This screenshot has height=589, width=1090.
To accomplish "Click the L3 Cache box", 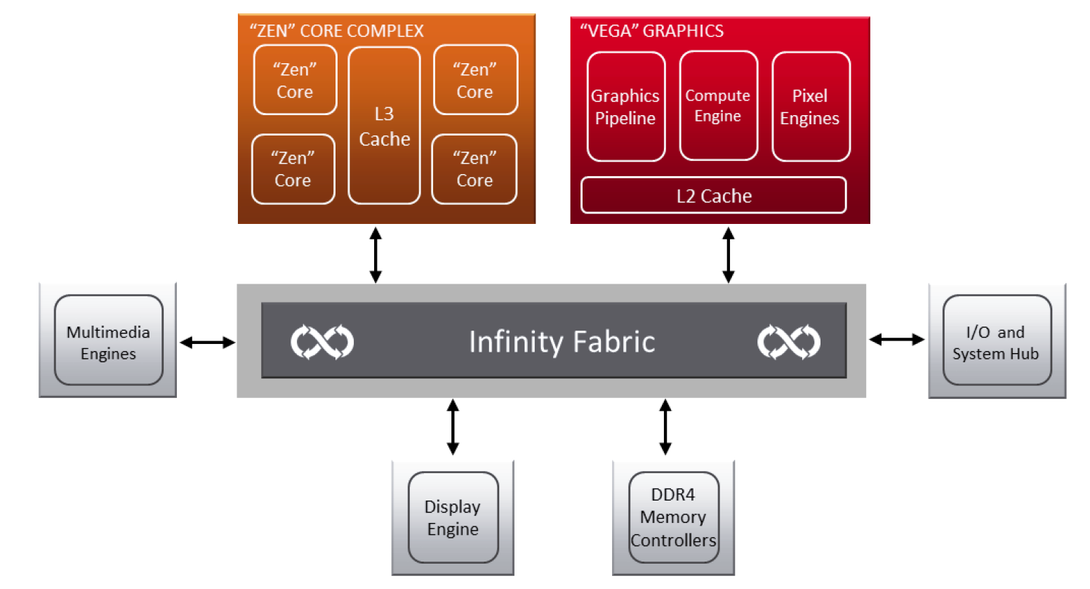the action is [385, 126].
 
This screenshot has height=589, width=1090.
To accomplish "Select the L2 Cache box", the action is [714, 195].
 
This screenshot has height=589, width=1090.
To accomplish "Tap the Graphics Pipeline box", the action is [626, 107].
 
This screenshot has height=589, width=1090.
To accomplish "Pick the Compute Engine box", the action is [718, 105].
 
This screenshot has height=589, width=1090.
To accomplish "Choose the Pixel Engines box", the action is [811, 107].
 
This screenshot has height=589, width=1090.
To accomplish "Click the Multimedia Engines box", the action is [109, 340].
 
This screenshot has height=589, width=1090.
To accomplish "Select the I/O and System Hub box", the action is [997, 340].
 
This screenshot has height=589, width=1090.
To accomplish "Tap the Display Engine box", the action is [453, 517].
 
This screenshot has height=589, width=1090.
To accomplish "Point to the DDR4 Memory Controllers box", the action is [674, 517].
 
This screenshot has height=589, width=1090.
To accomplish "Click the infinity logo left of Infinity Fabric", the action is [322, 341].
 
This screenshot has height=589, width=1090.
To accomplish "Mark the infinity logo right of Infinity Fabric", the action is [789, 341].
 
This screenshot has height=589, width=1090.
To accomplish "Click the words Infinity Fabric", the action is [562, 341].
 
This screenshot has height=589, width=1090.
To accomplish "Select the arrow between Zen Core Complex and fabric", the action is [375, 255].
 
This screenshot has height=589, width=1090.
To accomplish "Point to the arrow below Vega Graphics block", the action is [728, 255].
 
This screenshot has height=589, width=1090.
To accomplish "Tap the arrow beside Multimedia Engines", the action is [207, 342].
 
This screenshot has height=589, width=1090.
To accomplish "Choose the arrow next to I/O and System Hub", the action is [896, 339].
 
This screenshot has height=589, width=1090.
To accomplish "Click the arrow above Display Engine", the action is [453, 427].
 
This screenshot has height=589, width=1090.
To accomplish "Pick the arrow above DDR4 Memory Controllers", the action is [665, 427].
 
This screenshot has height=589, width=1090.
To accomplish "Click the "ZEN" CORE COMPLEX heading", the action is [336, 31].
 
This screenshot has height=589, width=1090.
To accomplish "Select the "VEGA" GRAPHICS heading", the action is [651, 31].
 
